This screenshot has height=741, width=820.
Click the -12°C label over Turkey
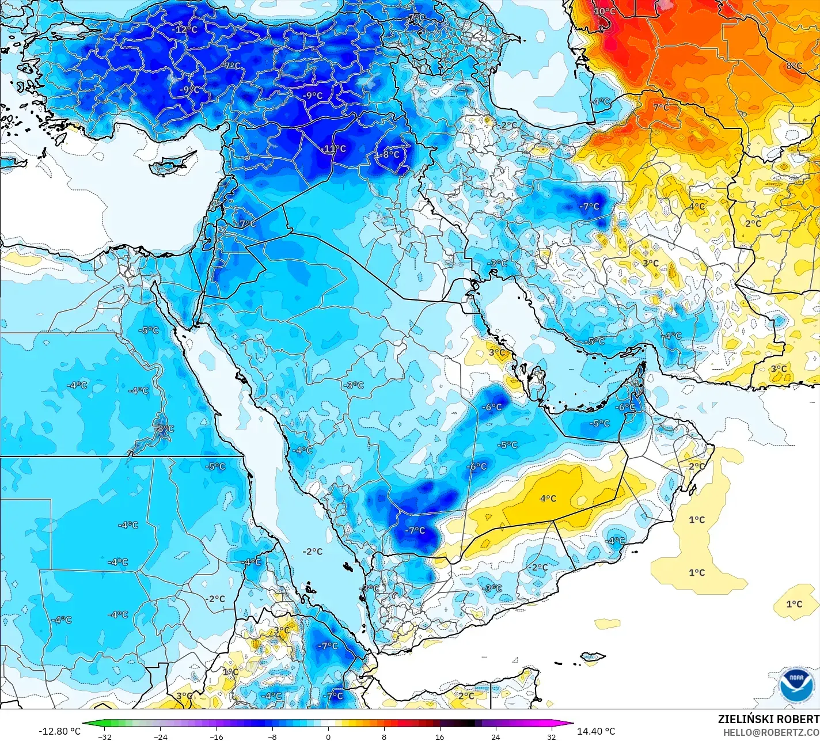[x=184, y=29]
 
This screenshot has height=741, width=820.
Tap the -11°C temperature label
[x=333, y=149]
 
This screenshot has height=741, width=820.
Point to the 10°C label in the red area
[x=605, y=12]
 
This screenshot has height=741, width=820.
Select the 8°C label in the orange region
[x=794, y=66]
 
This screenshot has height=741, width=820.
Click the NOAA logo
[x=796, y=685]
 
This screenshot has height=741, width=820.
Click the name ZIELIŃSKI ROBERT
[x=768, y=719]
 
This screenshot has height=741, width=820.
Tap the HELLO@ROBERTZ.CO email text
[x=771, y=732]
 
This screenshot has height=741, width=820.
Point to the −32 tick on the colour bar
[x=105, y=736]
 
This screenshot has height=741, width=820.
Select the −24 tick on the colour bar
[x=161, y=736]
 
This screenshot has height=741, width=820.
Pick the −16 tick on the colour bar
[x=217, y=736]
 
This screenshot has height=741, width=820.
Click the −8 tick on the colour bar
[x=272, y=736]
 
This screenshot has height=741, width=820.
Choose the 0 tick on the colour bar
[x=328, y=736]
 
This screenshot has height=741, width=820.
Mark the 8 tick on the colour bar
[x=384, y=736]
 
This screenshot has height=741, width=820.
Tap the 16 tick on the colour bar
[x=440, y=736]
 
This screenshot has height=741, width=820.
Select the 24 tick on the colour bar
[x=496, y=736]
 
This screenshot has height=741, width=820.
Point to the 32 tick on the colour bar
[x=552, y=736]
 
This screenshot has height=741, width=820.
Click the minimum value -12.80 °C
[x=60, y=731]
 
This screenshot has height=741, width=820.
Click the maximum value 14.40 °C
[x=596, y=731]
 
